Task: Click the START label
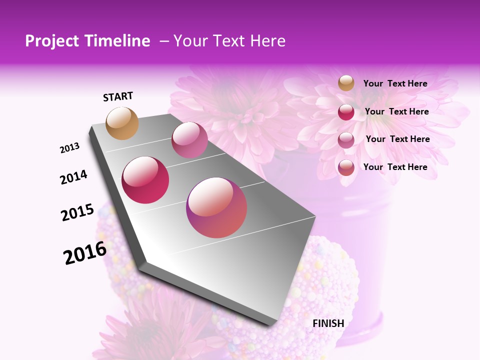(x=118, y=96)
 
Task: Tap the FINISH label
(x=328, y=323)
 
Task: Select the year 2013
(x=69, y=148)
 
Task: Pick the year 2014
(x=73, y=177)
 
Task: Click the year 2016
(x=85, y=253)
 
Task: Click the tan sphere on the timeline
(x=122, y=123)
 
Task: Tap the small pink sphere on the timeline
(x=189, y=139)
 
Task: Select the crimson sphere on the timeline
(x=145, y=180)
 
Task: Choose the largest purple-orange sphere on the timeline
(x=216, y=207)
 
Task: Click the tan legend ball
(x=346, y=83)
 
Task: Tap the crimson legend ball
(x=346, y=112)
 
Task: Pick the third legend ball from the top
(x=346, y=140)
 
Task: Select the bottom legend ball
(x=346, y=167)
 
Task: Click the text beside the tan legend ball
(x=395, y=83)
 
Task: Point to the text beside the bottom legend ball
(x=395, y=167)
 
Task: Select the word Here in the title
(x=267, y=41)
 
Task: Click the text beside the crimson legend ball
(x=396, y=111)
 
